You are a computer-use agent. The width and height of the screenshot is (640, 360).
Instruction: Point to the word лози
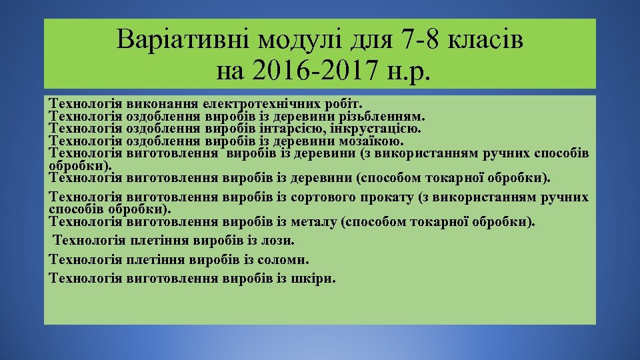click(279, 240)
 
